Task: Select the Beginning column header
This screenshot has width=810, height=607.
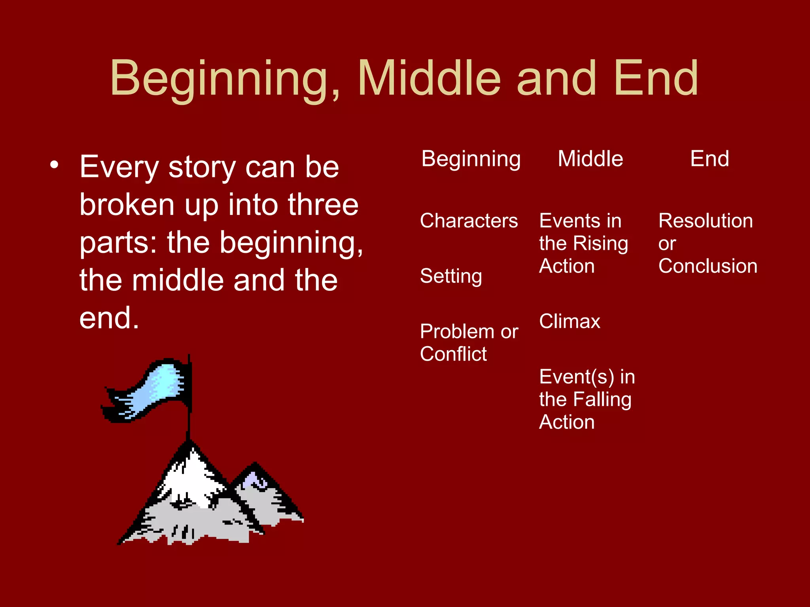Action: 471,159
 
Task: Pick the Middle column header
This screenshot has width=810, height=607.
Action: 590,159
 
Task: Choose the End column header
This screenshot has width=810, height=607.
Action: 710,159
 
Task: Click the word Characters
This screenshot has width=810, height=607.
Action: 469,221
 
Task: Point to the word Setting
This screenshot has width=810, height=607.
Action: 451,276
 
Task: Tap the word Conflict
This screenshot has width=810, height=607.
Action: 453,354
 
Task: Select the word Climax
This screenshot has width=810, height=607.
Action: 570,321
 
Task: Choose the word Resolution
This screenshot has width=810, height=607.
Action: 706,221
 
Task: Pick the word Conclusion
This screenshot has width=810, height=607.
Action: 708,266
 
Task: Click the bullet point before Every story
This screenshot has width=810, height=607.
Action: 55,165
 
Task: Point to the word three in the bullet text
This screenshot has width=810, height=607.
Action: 323,205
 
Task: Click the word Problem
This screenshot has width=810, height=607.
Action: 457,331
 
